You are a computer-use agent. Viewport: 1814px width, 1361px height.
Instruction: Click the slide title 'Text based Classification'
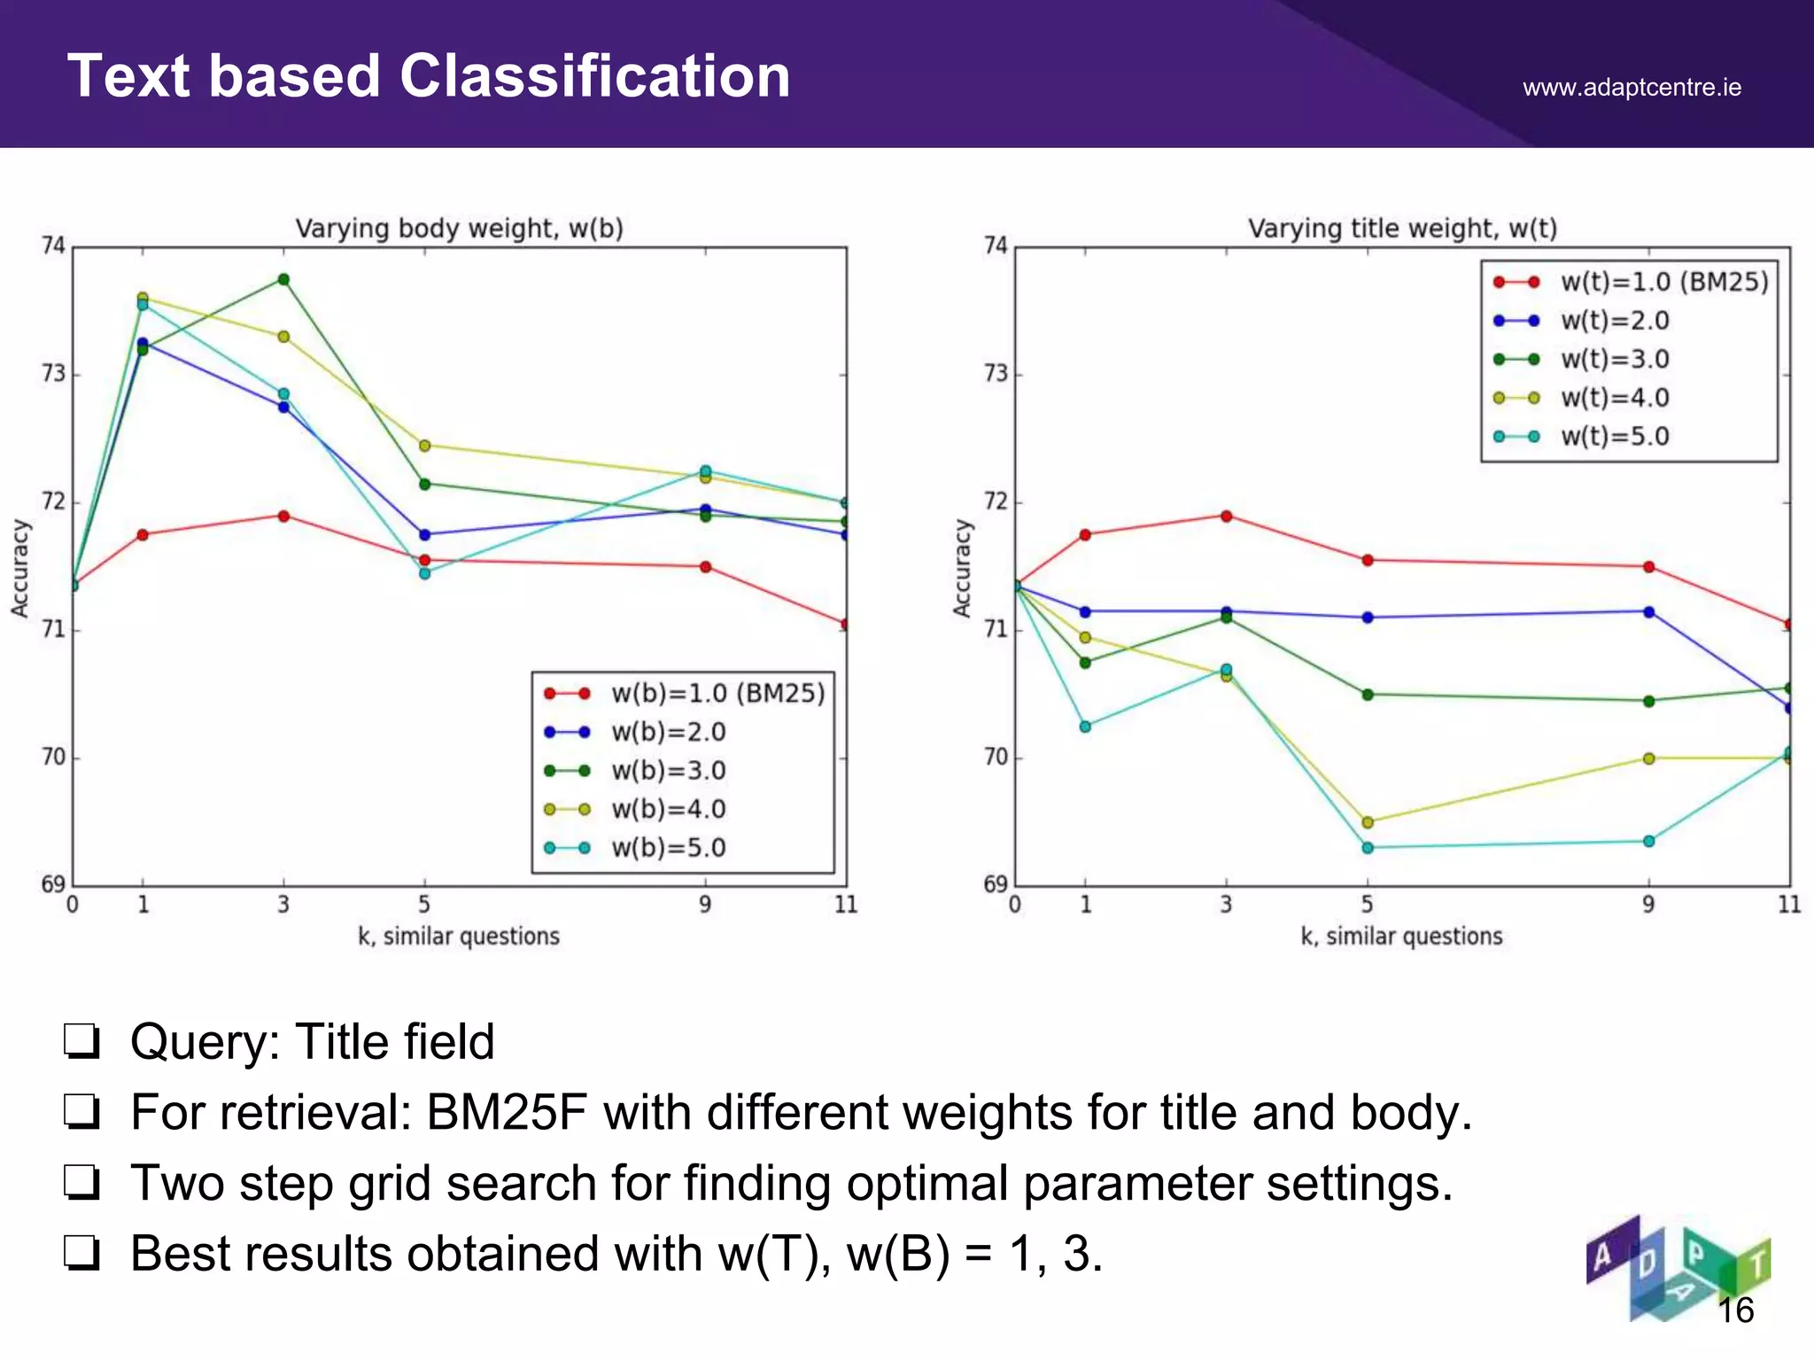[429, 76]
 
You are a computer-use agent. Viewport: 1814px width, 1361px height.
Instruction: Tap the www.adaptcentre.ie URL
[1632, 88]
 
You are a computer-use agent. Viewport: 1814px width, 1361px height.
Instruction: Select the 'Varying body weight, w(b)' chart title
[459, 229]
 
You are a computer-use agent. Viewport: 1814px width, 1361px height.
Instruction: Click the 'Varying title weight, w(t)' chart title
[1402, 229]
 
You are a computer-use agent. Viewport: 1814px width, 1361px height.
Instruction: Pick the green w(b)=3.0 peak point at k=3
[283, 279]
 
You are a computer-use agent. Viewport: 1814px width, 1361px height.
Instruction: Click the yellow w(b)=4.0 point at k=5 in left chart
[424, 446]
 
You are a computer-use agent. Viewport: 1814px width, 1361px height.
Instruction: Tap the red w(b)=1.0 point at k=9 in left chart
[705, 567]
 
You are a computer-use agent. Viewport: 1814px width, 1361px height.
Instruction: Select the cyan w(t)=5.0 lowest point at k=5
[1368, 848]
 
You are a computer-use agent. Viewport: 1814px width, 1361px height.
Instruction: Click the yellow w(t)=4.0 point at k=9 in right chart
[1648, 758]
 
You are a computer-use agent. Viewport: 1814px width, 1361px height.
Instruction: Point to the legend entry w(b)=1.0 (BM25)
[717, 694]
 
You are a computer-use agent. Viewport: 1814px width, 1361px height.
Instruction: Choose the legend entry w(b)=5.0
[668, 848]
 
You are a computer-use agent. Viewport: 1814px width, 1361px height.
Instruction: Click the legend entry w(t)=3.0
[1614, 360]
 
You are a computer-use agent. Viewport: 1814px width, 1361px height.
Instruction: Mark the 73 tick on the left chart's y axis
[53, 374]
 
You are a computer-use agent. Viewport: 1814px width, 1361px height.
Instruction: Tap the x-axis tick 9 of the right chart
[1647, 905]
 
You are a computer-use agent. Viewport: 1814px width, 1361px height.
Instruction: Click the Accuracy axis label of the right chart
[961, 567]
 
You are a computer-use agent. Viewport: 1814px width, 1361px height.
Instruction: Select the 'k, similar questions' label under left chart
[459, 937]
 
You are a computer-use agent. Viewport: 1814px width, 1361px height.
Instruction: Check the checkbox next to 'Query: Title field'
[81, 1041]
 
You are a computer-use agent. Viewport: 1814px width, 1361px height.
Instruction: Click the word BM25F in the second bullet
[506, 1112]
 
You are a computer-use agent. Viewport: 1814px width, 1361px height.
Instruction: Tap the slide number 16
[1735, 1310]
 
